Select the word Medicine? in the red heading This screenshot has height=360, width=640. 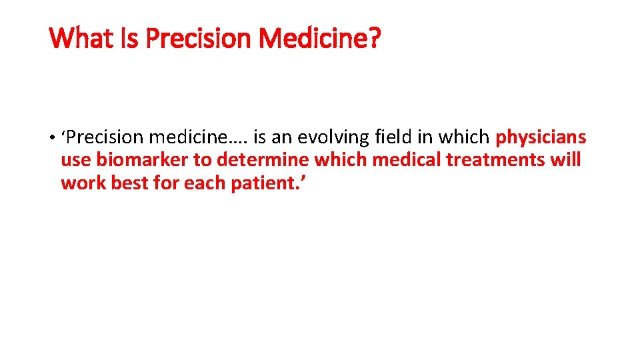coord(319,39)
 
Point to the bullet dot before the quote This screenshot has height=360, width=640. coord(51,138)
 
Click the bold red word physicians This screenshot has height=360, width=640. coord(541,138)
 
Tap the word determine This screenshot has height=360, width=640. coord(263,161)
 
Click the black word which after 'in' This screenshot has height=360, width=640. coord(469,138)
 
